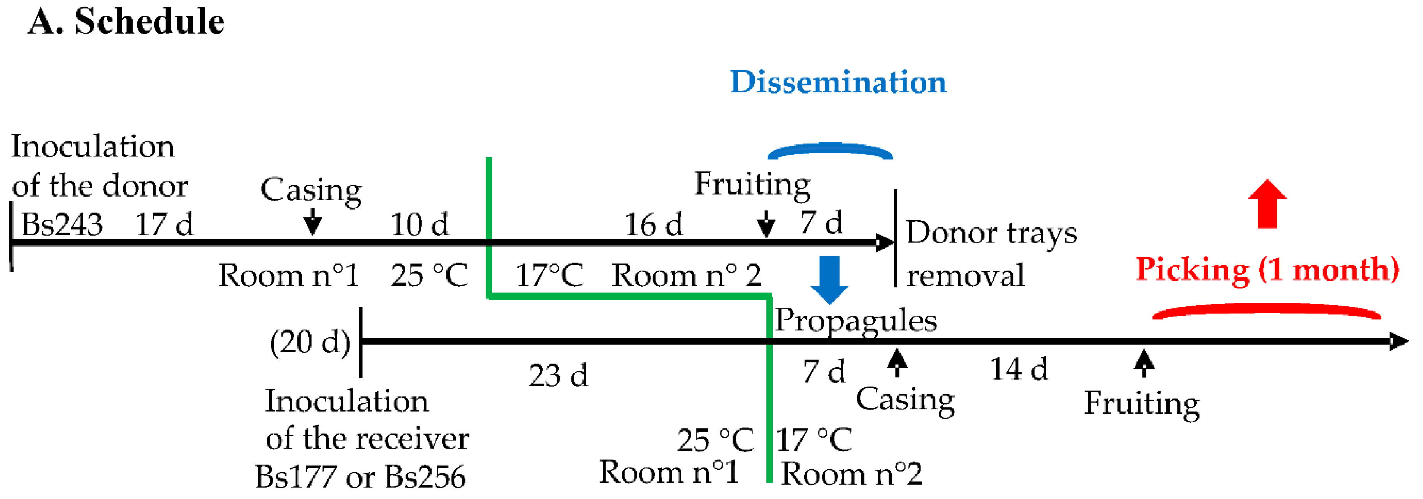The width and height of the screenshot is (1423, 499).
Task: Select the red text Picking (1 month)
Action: coord(1267,270)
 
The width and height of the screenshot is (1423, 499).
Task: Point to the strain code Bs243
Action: coord(62,224)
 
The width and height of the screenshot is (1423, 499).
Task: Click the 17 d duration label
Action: coord(164,224)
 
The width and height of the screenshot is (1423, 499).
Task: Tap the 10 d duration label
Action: coord(419,224)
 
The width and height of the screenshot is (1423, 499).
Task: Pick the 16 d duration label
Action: coord(653,224)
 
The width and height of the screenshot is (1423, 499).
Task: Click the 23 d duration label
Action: coord(558,376)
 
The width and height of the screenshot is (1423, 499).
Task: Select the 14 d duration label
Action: coord(1019,369)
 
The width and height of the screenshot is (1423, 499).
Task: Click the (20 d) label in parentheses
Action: coord(310,343)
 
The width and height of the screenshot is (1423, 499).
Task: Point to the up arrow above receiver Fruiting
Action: coord(1143,363)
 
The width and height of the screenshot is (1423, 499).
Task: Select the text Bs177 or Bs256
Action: coord(360,476)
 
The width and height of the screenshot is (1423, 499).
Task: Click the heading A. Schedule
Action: coord(126,22)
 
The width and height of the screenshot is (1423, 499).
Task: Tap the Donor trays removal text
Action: coord(991,254)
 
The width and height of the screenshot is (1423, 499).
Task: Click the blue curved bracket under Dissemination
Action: coord(830,150)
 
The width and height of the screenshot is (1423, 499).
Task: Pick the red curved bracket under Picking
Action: coord(1266,312)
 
